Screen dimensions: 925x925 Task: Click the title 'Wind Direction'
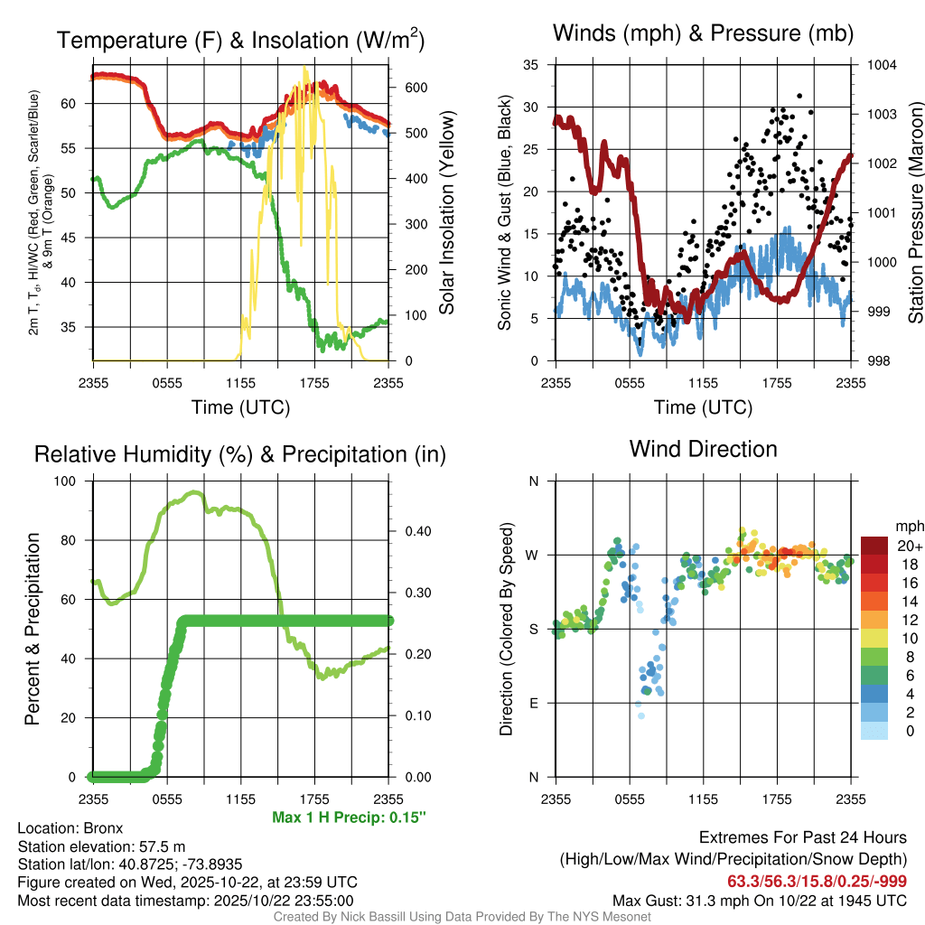[703, 449]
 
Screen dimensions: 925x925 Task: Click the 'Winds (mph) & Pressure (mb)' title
[703, 34]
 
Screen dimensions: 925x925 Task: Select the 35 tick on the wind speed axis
[531, 65]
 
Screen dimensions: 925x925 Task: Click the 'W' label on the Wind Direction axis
[534, 555]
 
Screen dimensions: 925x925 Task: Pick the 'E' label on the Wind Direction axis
[534, 703]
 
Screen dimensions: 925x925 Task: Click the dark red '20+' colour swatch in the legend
[874, 546]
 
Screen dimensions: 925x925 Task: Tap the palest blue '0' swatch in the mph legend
[874, 731]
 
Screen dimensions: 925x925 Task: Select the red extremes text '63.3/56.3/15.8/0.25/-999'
[817, 881]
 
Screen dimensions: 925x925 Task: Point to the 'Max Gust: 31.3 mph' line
[760, 900]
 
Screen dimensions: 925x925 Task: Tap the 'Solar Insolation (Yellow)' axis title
[447, 214]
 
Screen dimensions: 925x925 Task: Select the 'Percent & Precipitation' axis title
[33, 629]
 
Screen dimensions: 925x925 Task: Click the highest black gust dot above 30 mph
[799, 95]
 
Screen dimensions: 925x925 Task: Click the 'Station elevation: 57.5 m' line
[101, 846]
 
